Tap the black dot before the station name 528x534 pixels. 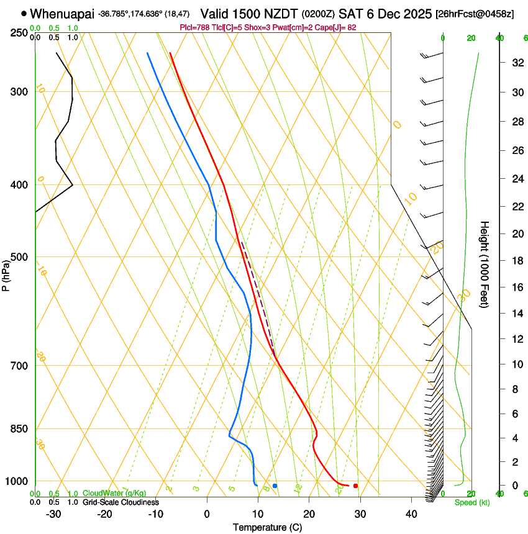[x=24, y=13]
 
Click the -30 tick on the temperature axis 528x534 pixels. [x=53, y=514]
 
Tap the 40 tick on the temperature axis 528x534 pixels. [x=411, y=514]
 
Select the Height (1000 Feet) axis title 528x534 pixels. [x=485, y=265]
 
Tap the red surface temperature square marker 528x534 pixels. [x=355, y=486]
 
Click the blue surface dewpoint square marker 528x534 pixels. [x=275, y=486]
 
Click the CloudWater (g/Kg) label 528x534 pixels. [x=114, y=494]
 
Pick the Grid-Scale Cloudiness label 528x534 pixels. [x=121, y=502]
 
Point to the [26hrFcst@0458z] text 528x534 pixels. [x=475, y=14]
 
